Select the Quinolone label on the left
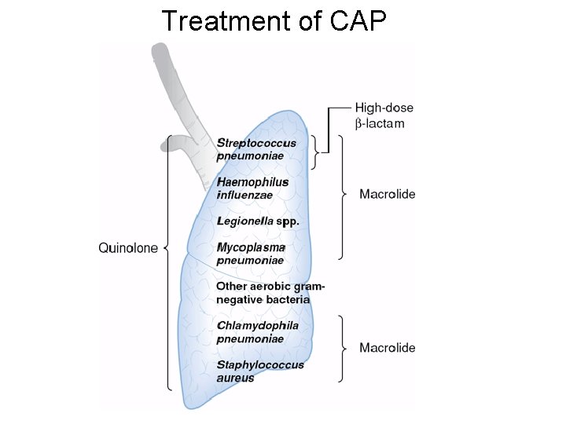[127, 248]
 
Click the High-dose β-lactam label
[384, 115]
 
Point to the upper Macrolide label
[388, 194]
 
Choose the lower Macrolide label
[388, 348]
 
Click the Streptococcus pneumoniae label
[256, 149]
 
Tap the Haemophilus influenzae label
[252, 188]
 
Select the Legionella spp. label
[258, 221]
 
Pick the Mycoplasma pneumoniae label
[250, 254]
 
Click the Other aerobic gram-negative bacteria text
[270, 293]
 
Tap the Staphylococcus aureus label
[259, 371]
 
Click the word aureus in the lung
[235, 378]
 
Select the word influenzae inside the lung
[244, 194]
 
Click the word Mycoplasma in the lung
[250, 247]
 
